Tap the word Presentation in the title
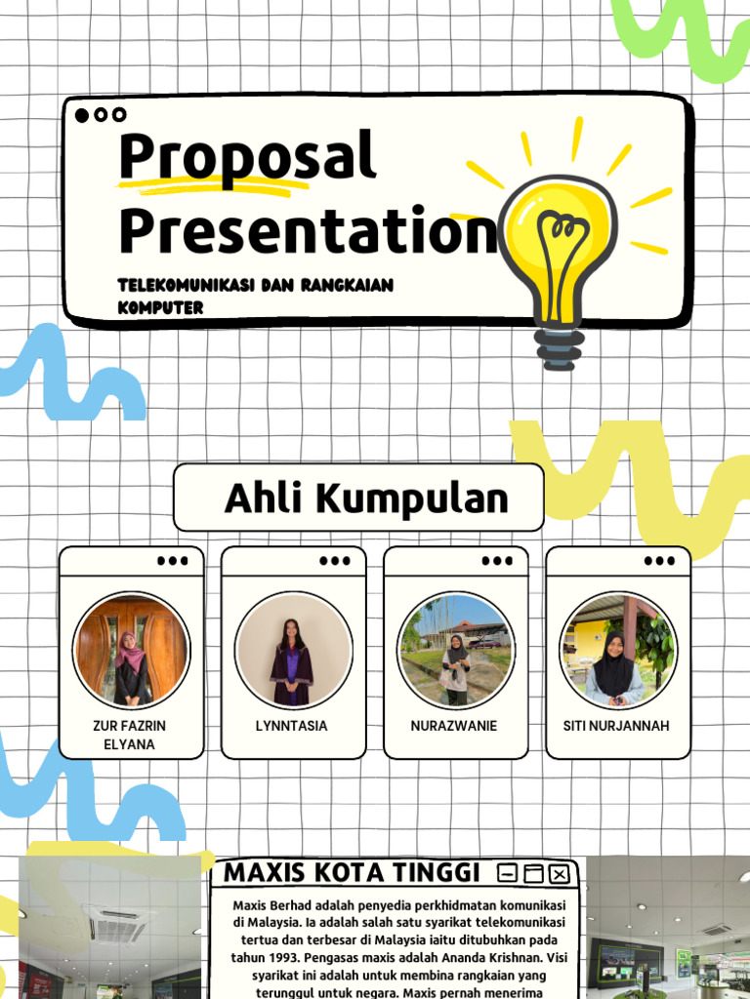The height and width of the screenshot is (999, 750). click(x=309, y=230)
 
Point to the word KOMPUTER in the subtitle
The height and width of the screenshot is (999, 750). click(x=161, y=307)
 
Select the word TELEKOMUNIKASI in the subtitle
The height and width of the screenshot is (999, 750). click(x=188, y=285)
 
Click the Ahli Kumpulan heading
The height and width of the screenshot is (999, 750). click(x=367, y=499)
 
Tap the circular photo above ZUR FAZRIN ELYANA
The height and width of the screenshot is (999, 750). click(x=132, y=650)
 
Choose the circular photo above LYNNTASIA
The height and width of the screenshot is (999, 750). click(x=293, y=650)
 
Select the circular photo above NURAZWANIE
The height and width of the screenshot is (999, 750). click(x=455, y=650)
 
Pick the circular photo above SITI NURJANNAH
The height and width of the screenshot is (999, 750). click(x=618, y=650)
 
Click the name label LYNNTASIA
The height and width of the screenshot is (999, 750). click(x=291, y=726)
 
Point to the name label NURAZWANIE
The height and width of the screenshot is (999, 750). click(x=454, y=726)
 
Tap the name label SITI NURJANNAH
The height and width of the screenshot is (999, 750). click(x=616, y=726)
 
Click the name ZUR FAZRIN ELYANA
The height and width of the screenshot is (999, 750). click(x=130, y=735)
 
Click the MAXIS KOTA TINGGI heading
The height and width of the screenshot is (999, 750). click(x=352, y=872)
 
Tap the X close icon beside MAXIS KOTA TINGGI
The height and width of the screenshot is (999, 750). click(x=560, y=874)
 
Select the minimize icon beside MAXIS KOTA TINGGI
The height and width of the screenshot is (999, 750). click(x=507, y=873)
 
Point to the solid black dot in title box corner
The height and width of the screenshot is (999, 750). click(x=82, y=115)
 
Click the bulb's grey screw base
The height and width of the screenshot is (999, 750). click(x=560, y=349)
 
